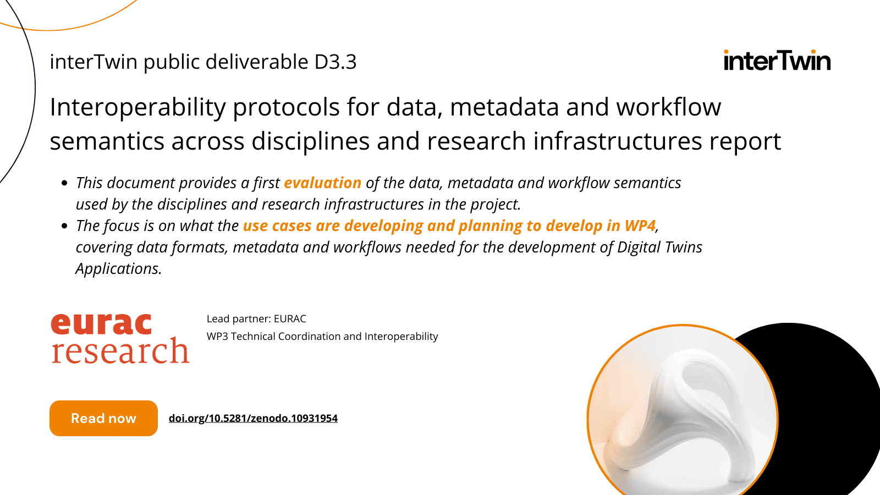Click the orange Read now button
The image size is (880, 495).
tap(103, 418)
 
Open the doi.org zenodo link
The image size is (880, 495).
tap(253, 418)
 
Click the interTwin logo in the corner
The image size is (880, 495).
tap(777, 61)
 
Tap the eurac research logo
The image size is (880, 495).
tap(120, 338)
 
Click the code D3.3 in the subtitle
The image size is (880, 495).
tap(335, 62)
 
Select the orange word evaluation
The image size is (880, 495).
tap(322, 183)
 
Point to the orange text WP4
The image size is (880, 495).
tap(640, 226)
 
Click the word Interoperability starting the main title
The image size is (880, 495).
tap(137, 107)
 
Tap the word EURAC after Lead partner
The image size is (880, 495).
tap(290, 319)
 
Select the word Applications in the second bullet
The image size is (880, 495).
tap(118, 268)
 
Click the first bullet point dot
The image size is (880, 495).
tap(64, 183)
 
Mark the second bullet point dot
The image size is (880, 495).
tap(64, 226)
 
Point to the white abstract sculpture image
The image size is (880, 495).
tap(682, 413)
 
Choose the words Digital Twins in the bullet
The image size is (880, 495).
tap(659, 247)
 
